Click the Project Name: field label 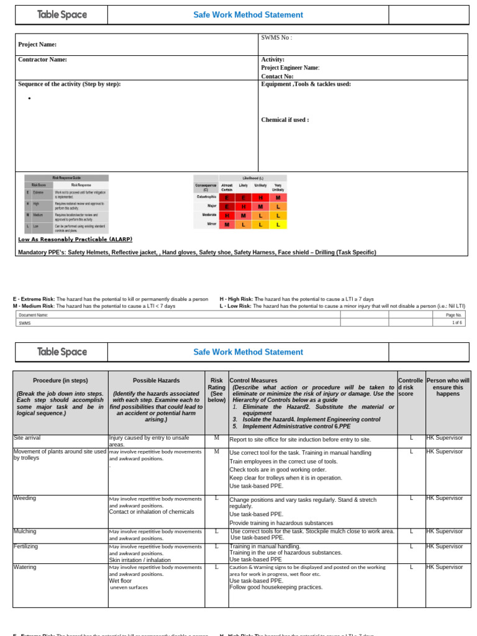pyautogui.click(x=37, y=45)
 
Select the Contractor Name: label pyautogui.click(x=42, y=60)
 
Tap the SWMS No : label pyautogui.click(x=276, y=38)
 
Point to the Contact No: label pyautogui.click(x=277, y=76)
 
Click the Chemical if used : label pyautogui.click(x=285, y=120)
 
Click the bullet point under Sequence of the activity pyautogui.click(x=29, y=99)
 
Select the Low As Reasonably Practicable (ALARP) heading pyautogui.click(x=75, y=239)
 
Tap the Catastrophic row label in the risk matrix pyautogui.click(x=206, y=197)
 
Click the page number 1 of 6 pyautogui.click(x=457, y=323)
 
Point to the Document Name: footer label pyautogui.click(x=33, y=315)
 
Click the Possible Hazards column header pyautogui.click(x=157, y=380)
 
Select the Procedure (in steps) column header pyautogui.click(x=60, y=380)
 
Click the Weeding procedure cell pyautogui.click(x=25, y=498)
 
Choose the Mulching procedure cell pyautogui.click(x=25, y=532)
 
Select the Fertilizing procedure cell pyautogui.click(x=27, y=546)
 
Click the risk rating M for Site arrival pyautogui.click(x=217, y=438)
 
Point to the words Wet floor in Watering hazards pyautogui.click(x=120, y=581)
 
